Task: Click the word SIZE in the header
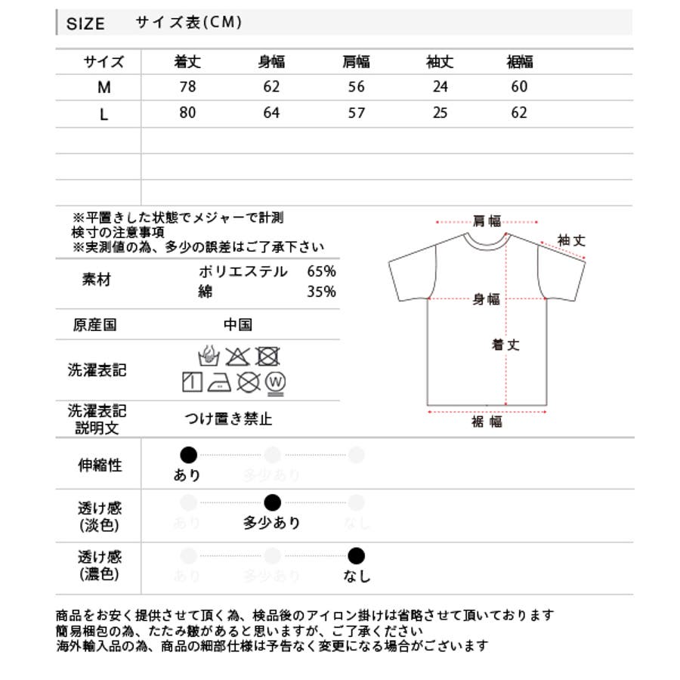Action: (85, 23)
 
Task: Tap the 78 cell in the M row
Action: (187, 87)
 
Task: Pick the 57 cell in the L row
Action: (356, 113)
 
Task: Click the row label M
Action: (104, 88)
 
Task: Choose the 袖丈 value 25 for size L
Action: (440, 113)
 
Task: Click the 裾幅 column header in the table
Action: (519, 62)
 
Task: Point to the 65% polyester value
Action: (322, 271)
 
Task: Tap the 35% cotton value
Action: (322, 292)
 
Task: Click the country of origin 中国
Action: (238, 325)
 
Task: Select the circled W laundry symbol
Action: (275, 382)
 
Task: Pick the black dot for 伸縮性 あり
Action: (188, 455)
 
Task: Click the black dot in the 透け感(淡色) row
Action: (273, 502)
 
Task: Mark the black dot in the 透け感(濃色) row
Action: (357, 557)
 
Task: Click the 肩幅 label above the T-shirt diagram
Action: (487, 221)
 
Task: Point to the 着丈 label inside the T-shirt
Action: (506, 345)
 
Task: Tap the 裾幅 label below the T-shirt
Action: (487, 422)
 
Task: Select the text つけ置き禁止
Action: (228, 418)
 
